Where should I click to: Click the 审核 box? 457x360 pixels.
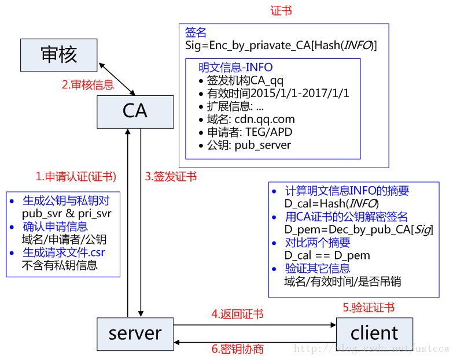click(58, 55)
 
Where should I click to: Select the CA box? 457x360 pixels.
click(135, 111)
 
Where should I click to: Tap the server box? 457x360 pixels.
click(135, 333)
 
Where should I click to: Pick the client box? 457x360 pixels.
click(374, 333)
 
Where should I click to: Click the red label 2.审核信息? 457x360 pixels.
click(88, 85)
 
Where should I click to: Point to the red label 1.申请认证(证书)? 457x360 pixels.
click(75, 176)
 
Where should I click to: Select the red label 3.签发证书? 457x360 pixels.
click(171, 176)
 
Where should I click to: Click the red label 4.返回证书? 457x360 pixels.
click(237, 314)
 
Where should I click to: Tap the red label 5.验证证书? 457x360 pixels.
click(368, 307)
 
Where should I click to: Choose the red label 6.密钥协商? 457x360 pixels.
click(237, 349)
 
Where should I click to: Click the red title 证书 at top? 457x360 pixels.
click(281, 11)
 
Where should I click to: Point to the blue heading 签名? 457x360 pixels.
click(196, 32)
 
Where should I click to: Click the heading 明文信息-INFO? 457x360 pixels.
click(235, 68)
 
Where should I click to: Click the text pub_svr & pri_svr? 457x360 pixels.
click(67, 213)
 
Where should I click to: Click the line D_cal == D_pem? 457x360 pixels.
click(327, 255)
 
